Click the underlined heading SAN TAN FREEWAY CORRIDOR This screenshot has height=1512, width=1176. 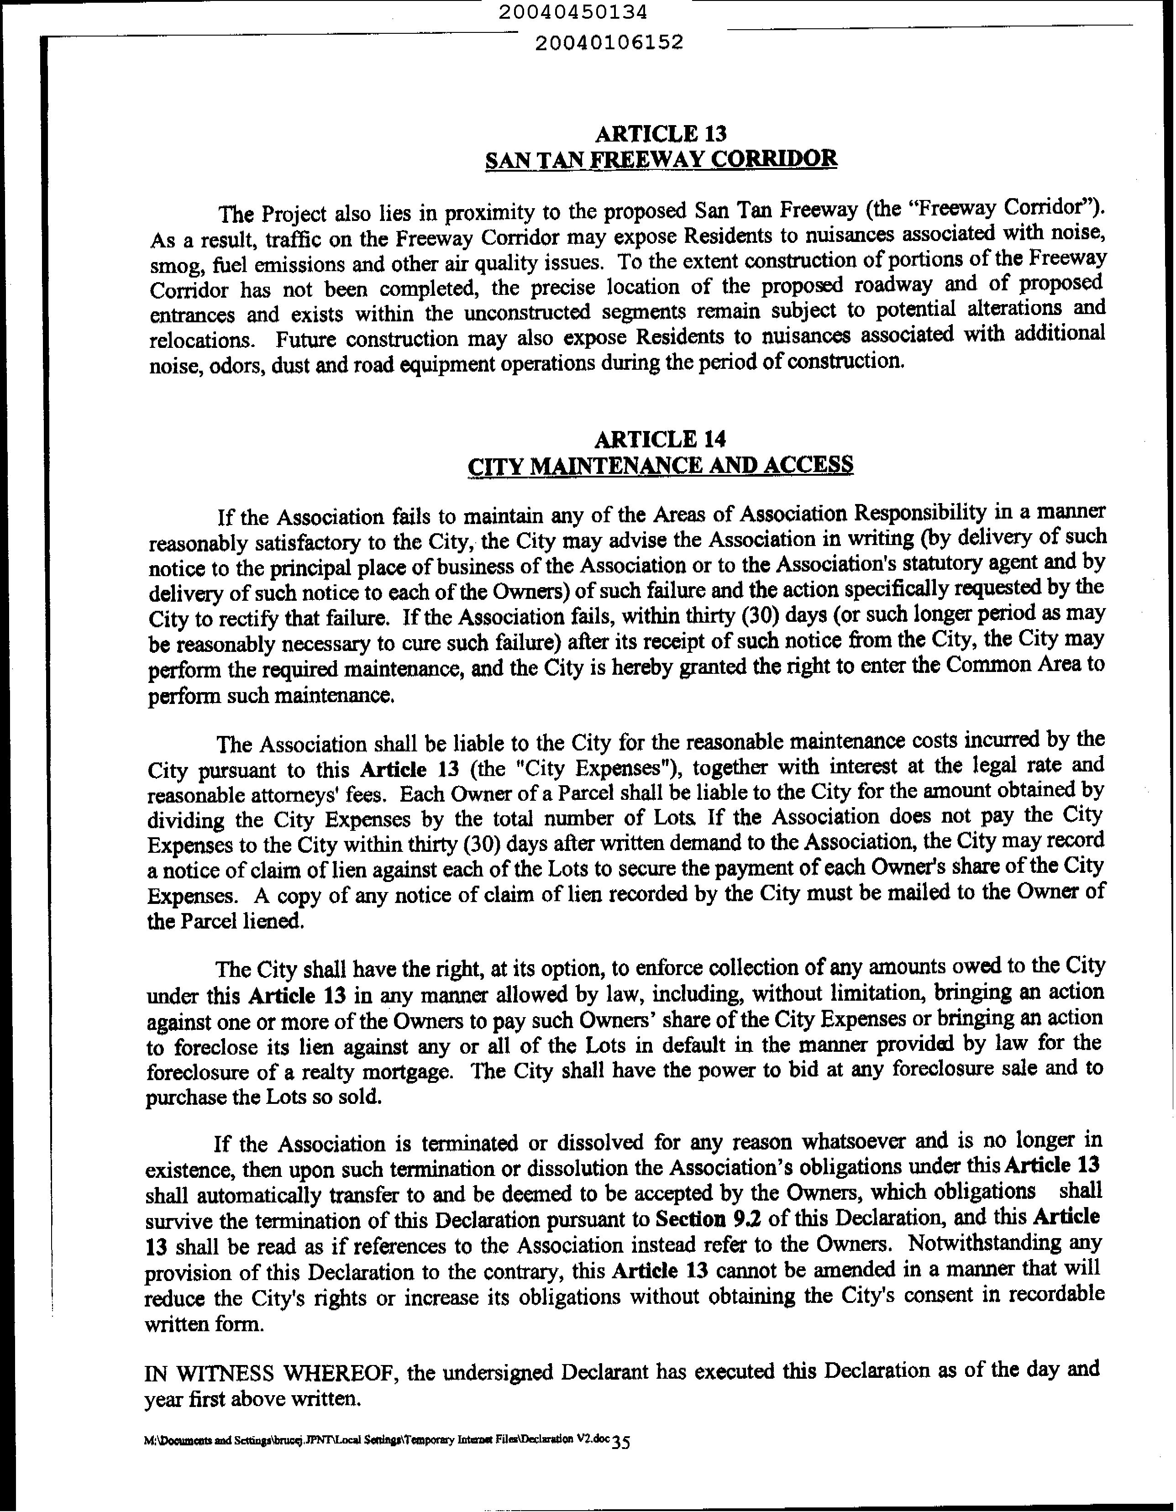(661, 160)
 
